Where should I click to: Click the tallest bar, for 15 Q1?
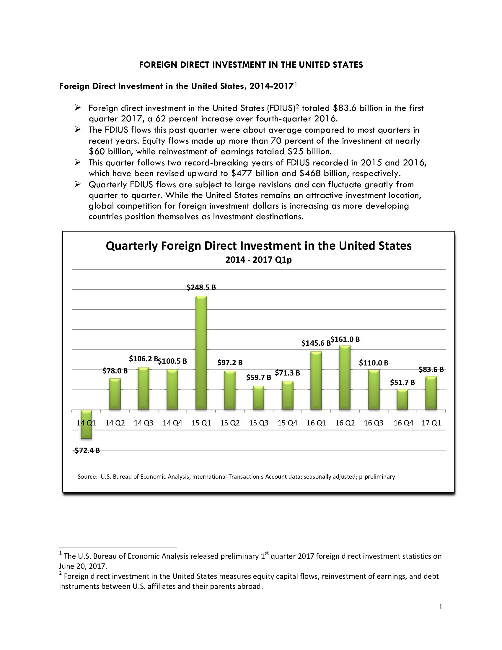coord(201,353)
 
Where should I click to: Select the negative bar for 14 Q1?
coord(86,424)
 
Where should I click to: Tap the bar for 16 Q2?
coord(345,378)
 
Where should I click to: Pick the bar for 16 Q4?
coord(402,399)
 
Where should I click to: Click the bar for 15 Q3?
coord(258,398)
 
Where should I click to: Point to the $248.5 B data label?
coord(201,287)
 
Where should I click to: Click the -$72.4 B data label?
coord(86,450)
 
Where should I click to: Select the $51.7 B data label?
coord(402,382)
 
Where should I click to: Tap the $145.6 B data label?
coord(316,343)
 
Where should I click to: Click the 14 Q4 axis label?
coord(172,423)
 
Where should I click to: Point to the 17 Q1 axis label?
coord(431,423)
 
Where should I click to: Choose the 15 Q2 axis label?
coord(229,423)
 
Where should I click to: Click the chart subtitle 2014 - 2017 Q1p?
coord(258,260)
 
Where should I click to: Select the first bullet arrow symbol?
coord(78,108)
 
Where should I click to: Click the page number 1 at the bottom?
coord(441,607)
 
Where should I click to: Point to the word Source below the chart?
coord(87,477)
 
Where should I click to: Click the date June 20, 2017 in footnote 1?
coord(83,566)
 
